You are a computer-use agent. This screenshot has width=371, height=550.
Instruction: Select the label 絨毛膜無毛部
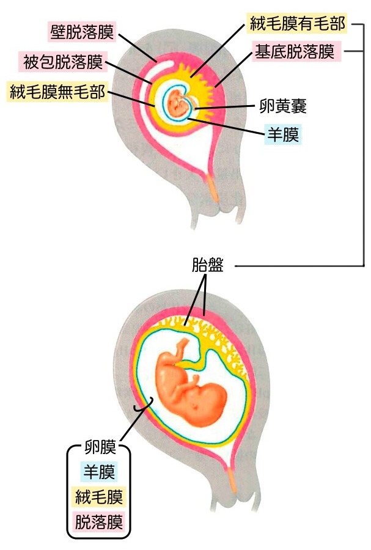pyautogui.click(x=57, y=92)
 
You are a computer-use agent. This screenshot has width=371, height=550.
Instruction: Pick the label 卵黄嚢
pyautogui.click(x=279, y=108)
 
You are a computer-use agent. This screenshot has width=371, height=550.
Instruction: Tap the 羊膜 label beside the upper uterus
pyautogui.click(x=282, y=133)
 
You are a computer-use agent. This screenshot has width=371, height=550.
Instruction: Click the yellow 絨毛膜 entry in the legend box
pyautogui.click(x=99, y=497)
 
